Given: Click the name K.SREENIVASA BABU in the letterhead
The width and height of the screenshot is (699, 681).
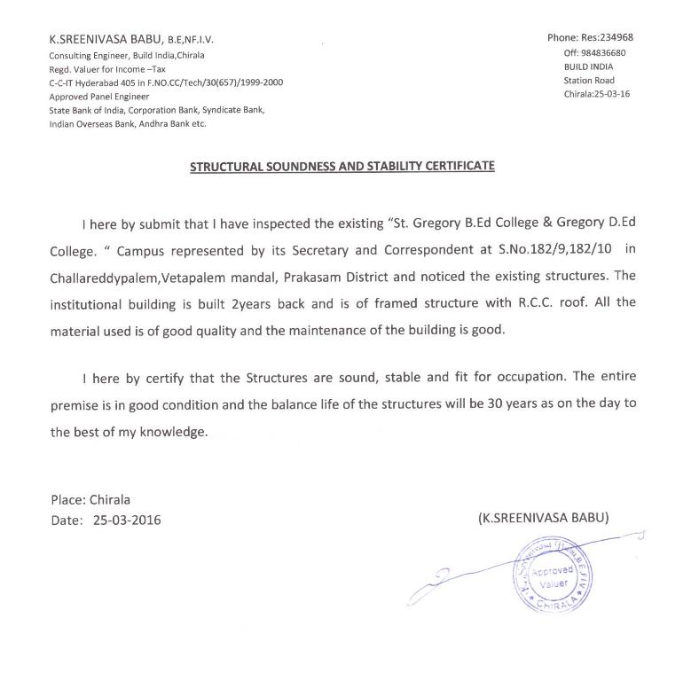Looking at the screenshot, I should coord(104,40).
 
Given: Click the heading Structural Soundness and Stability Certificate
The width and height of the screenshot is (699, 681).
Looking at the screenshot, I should coord(342,166).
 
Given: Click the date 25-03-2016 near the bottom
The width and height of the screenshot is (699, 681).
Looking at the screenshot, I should coord(127,520).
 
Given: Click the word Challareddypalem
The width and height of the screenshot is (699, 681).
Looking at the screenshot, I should coord(105,277).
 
